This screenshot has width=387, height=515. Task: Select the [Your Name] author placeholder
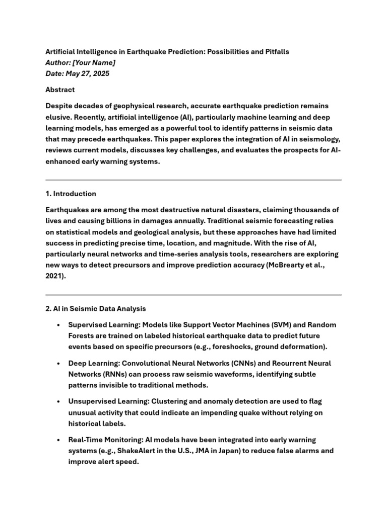tap(94, 62)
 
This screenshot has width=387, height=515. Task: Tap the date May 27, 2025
tap(88, 73)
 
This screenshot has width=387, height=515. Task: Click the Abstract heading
tap(60, 90)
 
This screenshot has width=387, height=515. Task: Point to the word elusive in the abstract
tap(58, 117)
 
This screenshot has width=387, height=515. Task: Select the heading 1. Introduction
tap(71, 194)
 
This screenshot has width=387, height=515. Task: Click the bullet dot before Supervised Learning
tap(59, 324)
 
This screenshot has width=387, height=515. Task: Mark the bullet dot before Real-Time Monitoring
tap(59, 440)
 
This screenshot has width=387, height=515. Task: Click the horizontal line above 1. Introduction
tap(193, 180)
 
